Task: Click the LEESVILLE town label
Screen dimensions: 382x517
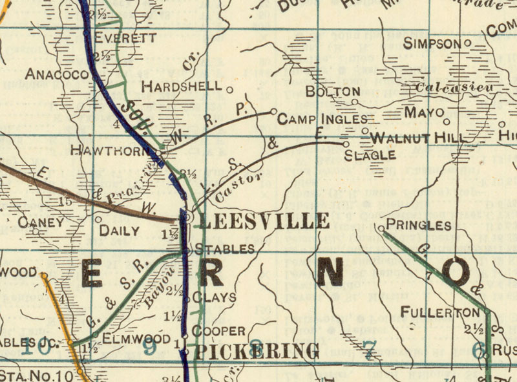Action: (x=264, y=220)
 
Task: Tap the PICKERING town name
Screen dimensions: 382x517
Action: (x=257, y=352)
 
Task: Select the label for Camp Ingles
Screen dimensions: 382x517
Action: (x=322, y=120)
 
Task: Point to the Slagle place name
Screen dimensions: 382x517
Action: (x=370, y=155)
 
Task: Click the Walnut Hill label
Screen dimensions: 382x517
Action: (x=418, y=138)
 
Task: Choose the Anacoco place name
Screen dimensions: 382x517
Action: (x=56, y=74)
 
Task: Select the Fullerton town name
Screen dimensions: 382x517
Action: (x=440, y=313)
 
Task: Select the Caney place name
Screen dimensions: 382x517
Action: (x=41, y=222)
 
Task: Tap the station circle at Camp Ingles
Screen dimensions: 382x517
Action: (x=273, y=111)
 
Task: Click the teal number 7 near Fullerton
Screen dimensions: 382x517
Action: (x=368, y=352)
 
